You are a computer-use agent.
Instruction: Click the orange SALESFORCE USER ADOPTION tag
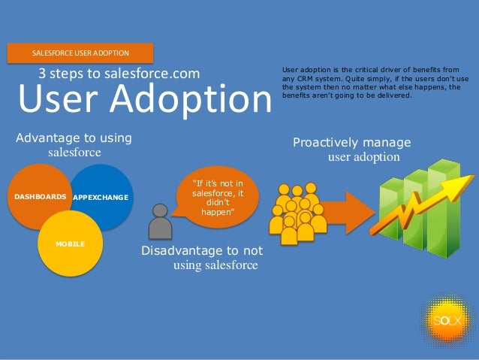80,53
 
